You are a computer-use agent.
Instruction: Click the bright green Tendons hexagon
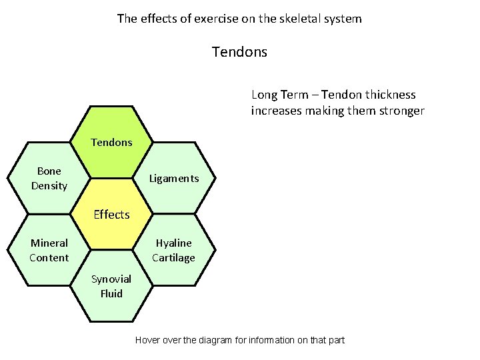point(111,142)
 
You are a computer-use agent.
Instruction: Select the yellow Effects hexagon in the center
point(111,214)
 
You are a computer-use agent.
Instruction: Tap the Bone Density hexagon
point(49,178)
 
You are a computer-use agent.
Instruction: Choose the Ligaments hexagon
point(174,178)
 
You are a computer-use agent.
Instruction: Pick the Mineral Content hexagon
point(49,250)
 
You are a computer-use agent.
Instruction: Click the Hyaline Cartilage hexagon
point(174,250)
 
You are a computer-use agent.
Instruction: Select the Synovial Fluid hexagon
point(111,286)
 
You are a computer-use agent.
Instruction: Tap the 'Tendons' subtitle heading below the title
point(239,51)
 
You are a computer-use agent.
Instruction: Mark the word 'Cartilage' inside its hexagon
point(174,258)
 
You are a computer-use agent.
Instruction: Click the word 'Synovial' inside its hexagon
point(111,279)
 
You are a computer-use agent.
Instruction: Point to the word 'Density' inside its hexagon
point(49,186)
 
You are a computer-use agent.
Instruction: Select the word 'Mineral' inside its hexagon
point(49,243)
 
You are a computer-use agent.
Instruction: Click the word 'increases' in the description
point(275,111)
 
